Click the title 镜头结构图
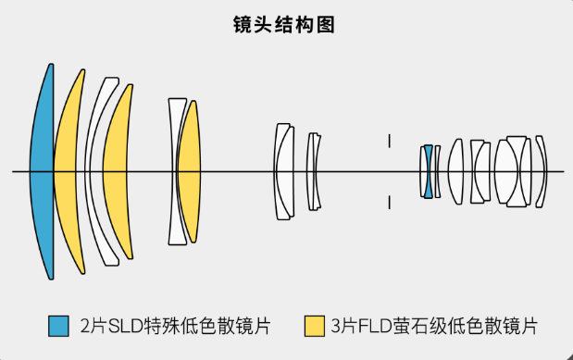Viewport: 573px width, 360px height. pos(286,25)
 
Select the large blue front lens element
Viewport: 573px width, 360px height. pos(40,171)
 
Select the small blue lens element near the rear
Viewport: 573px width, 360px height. pos(428,171)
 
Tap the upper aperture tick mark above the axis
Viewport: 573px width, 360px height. pos(390,141)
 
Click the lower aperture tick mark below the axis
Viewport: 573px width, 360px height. pos(390,201)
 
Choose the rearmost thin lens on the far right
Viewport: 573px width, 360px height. pos(541,171)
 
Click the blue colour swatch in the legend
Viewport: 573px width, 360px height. pos(58,326)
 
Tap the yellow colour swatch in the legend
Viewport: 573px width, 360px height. pos(314,326)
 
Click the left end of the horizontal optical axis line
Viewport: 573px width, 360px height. pos(14,171)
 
